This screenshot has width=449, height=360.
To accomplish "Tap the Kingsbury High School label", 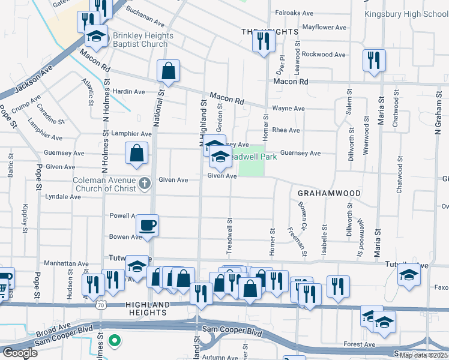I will click(x=406, y=14).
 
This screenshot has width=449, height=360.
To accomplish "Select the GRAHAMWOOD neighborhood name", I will click(x=329, y=193).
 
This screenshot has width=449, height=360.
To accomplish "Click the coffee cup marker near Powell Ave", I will click(x=147, y=226).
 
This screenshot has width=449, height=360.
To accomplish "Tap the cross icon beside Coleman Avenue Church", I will click(x=143, y=182).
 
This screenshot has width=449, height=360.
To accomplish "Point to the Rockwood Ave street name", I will click(x=324, y=54).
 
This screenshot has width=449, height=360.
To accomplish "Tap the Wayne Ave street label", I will click(x=288, y=109).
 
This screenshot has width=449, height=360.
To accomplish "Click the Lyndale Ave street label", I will click(x=63, y=196).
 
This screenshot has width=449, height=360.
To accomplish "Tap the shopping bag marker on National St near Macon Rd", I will click(x=169, y=71).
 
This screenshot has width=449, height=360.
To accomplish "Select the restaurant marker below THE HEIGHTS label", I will click(x=263, y=41).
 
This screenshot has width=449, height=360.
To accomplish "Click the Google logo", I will click(x=20, y=352).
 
